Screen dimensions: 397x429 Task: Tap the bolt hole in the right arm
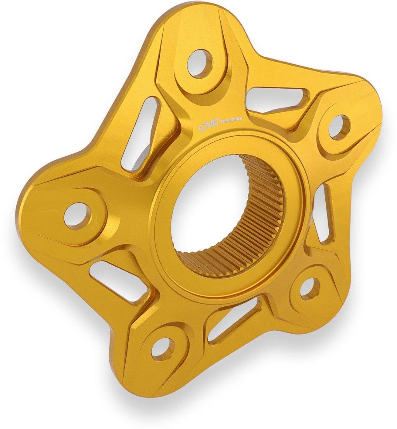coord(339,127)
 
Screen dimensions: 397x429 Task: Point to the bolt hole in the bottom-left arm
coord(164,347)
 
